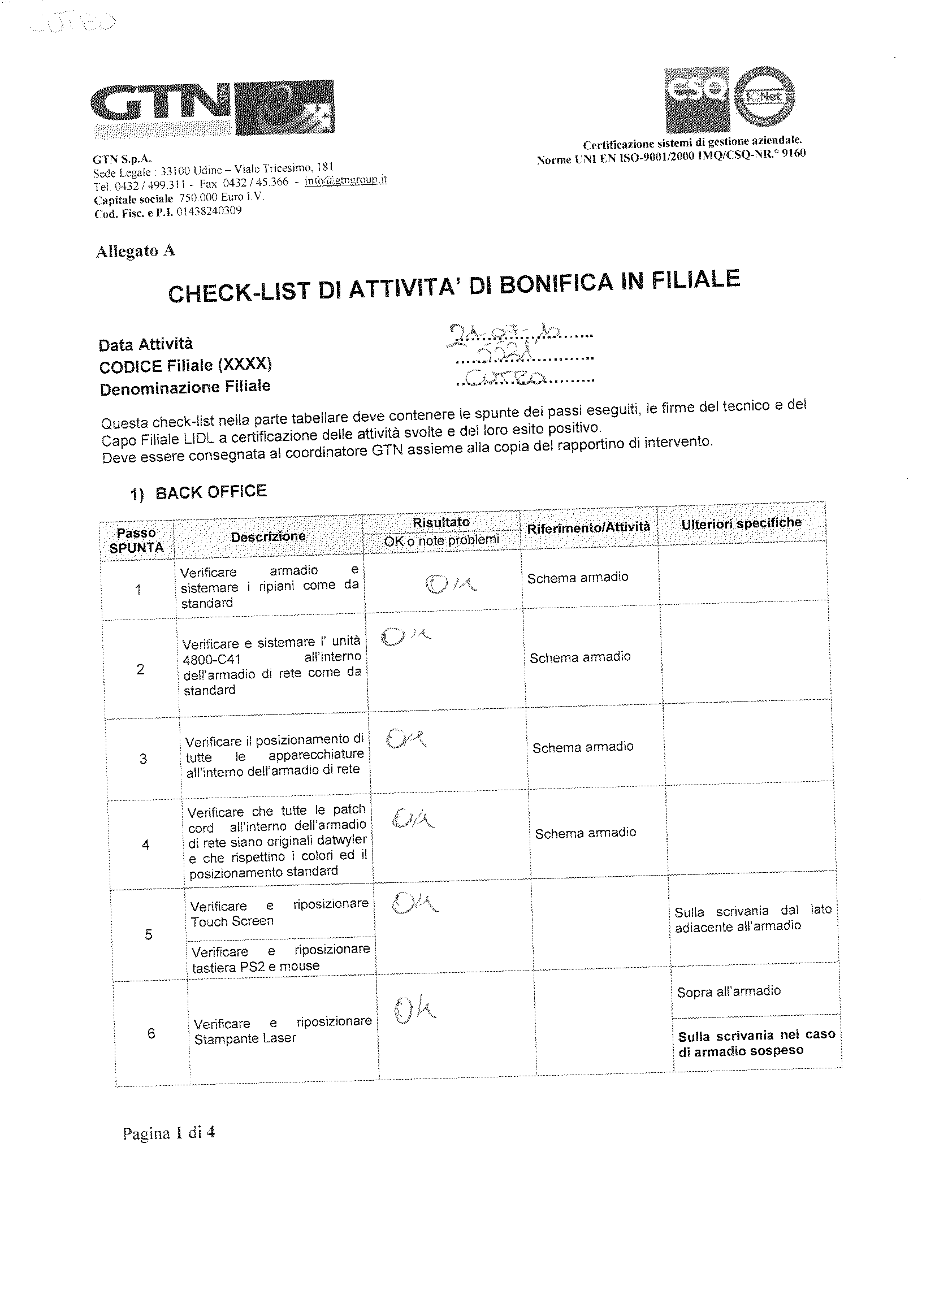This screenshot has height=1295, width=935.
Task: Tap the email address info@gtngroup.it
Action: coord(345,180)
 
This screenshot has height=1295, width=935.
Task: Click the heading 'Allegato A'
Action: coord(135,250)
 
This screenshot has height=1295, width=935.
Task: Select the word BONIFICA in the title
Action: coord(557,284)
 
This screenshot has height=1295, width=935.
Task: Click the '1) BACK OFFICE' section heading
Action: coord(199,492)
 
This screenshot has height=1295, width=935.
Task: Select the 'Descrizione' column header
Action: coord(268,537)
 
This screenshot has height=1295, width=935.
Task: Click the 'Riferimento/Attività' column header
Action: coord(588,527)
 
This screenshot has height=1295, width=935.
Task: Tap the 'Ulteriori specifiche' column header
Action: coord(741,523)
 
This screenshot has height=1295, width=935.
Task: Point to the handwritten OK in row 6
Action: coord(414,1011)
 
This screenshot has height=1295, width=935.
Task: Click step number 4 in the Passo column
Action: coord(146,844)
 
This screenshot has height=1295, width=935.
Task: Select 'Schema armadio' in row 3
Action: coord(583,747)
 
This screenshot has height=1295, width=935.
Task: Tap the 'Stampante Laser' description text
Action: coord(245,1038)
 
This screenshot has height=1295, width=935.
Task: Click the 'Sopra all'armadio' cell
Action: coord(728,991)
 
